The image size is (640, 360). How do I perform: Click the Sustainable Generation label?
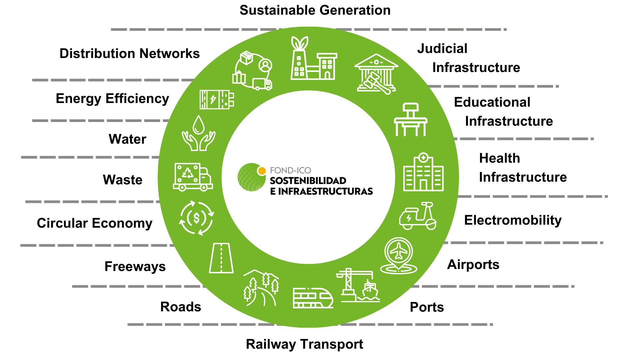[315, 10]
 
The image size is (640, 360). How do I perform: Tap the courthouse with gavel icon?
[376, 74]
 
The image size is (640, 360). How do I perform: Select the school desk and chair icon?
[411, 120]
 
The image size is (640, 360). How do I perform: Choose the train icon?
[313, 298]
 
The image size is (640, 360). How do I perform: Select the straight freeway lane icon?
[221, 258]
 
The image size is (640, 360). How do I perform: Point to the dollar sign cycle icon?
[197, 218]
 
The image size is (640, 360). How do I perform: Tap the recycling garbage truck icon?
[193, 177]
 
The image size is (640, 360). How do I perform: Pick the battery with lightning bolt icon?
[217, 99]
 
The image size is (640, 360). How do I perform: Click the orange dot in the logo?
[262, 171]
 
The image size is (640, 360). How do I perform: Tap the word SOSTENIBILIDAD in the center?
[308, 181]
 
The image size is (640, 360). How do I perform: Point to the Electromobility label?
[513, 220]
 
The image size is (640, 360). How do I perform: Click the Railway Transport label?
[304, 344]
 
